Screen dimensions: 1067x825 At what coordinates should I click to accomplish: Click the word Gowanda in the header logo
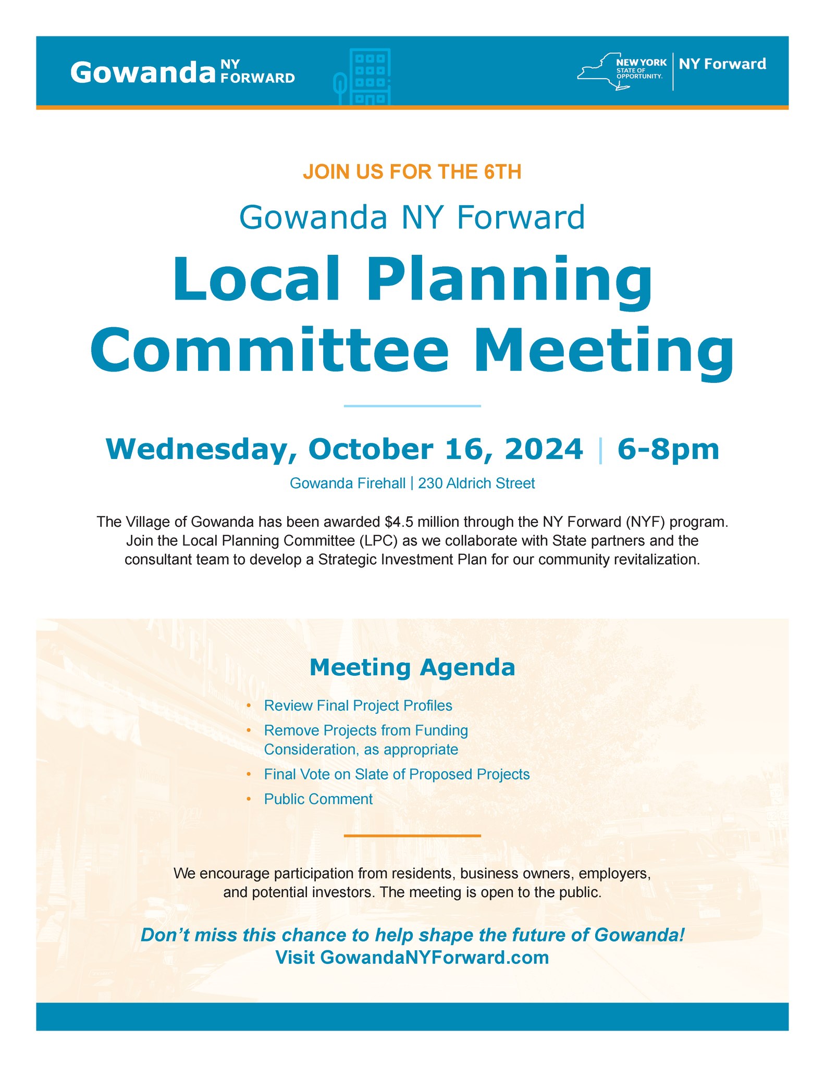click(143, 72)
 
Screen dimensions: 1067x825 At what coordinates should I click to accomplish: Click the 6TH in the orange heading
click(502, 172)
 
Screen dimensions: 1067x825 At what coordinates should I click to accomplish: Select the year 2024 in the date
click(543, 449)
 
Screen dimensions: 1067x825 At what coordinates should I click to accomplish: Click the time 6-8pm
click(668, 449)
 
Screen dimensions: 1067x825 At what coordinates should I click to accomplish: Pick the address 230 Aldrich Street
click(476, 483)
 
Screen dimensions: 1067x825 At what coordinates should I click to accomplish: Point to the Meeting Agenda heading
click(412, 667)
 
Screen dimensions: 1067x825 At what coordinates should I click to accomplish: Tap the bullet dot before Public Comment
click(249, 799)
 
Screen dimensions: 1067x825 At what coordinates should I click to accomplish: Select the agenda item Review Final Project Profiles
click(358, 705)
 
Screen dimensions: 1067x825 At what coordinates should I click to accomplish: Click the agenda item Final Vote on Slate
click(397, 774)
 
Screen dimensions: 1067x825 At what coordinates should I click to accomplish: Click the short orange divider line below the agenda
click(412, 836)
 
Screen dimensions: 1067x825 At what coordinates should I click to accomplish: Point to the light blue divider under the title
click(412, 406)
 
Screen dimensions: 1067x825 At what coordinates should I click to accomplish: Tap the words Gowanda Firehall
click(347, 483)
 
